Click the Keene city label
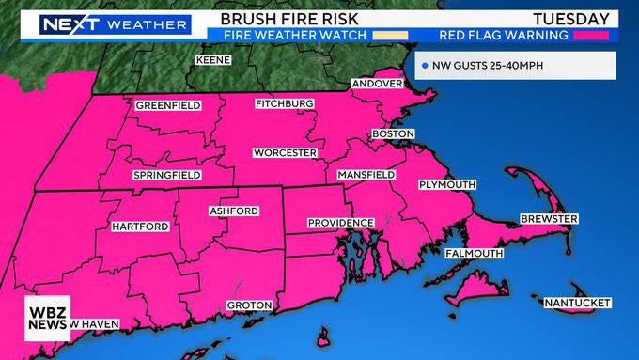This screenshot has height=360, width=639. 212,60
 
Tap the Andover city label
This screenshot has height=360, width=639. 376,85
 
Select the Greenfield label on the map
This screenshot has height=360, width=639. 167,105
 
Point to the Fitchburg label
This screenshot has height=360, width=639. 284,102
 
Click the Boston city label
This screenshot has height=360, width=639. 393,134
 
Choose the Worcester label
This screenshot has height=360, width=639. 285,152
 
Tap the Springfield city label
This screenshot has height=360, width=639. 166,175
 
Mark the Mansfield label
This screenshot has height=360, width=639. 367,176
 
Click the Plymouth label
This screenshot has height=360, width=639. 446,184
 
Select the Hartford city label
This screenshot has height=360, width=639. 140,227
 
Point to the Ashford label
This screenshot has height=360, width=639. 233,211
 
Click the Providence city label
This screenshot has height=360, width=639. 340,223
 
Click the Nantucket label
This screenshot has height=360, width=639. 577,303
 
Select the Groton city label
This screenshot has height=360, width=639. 249,305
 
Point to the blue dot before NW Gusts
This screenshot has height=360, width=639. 425,66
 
